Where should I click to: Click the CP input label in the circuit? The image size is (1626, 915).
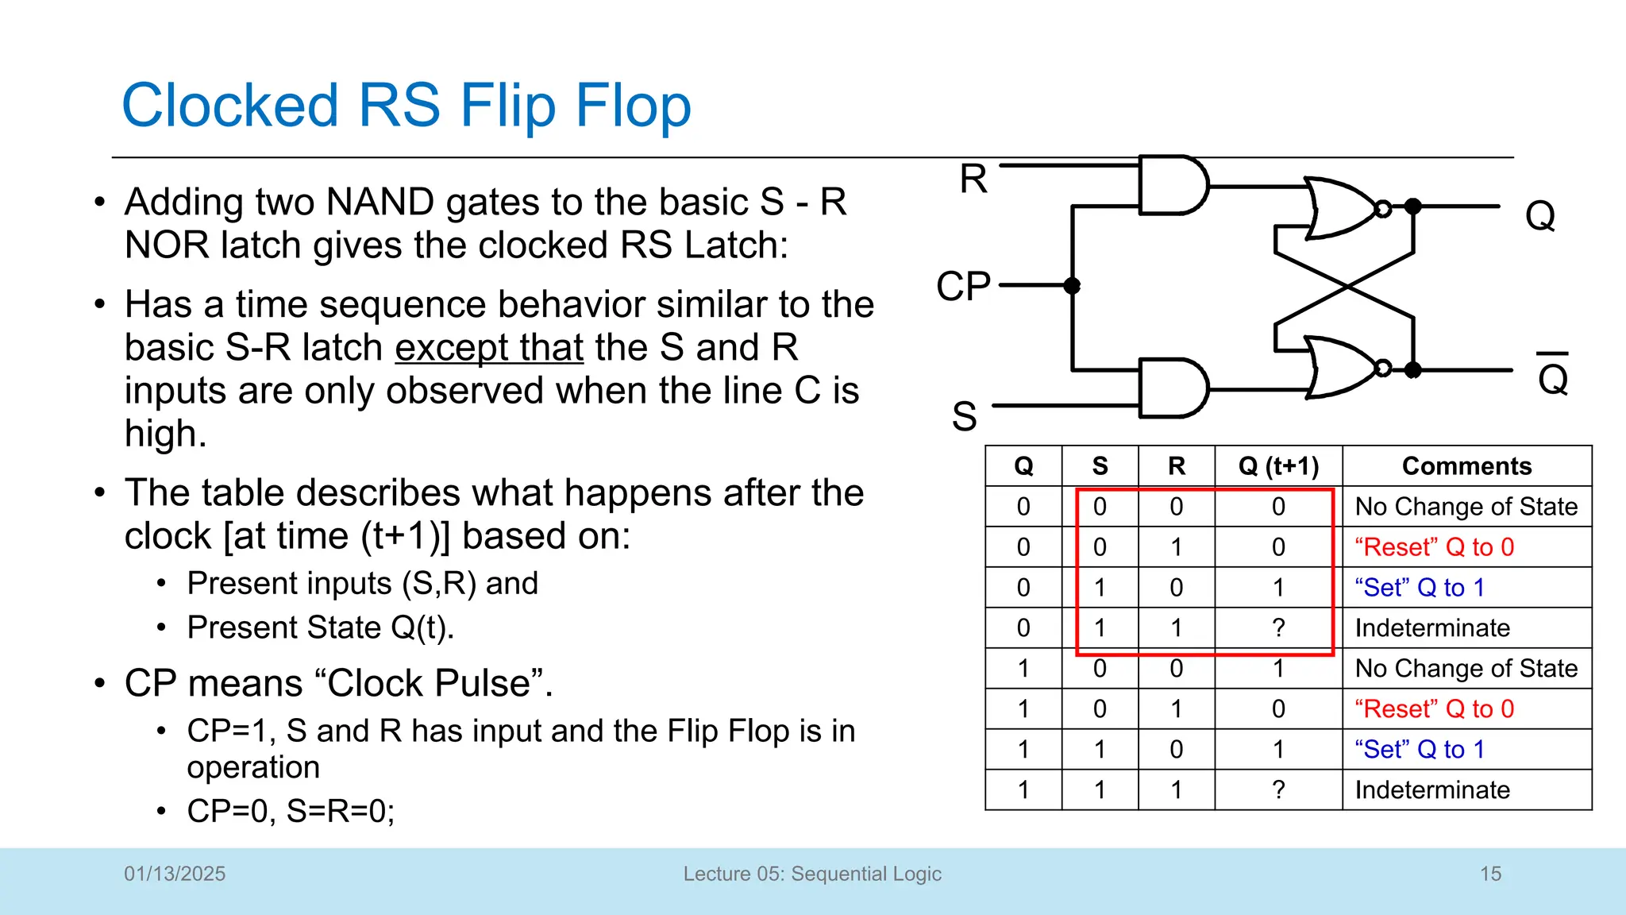[963, 286]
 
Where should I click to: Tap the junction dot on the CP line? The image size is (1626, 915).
[1072, 286]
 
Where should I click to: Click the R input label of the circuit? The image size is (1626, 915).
[973, 179]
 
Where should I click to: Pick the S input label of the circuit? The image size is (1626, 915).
[964, 416]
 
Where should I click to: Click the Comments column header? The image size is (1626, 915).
[1466, 466]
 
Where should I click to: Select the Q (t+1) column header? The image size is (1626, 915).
[1278, 466]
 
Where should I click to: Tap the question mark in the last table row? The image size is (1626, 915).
[1278, 790]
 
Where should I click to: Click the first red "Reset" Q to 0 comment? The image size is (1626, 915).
[1434, 547]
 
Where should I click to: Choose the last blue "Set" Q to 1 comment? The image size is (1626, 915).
[1419, 750]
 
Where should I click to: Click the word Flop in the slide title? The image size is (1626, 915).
[633, 106]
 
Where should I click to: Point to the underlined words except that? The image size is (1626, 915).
[489, 348]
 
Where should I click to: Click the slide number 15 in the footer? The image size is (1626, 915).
[1490, 874]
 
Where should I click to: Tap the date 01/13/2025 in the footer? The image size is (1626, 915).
[175, 874]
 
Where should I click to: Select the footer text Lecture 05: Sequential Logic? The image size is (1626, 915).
[812, 874]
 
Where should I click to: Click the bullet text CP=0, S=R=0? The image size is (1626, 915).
[291, 811]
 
